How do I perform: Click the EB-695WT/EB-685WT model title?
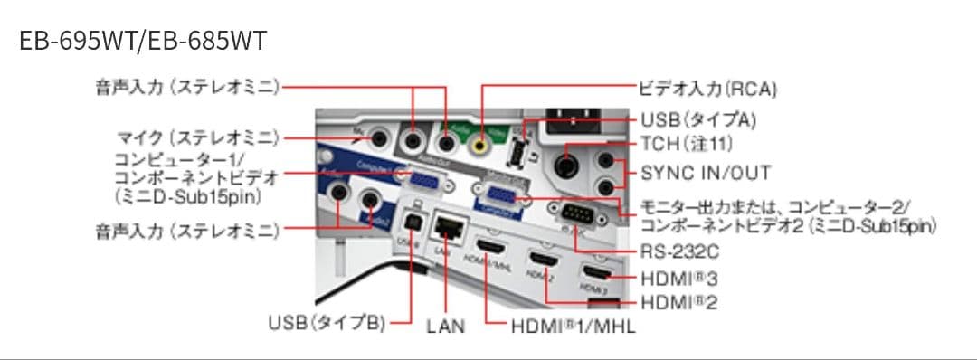tap(143, 42)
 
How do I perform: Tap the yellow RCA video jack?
tap(481, 140)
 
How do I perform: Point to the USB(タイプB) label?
tap(327, 323)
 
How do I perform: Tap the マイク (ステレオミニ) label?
tap(199, 137)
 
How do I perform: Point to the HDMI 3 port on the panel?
tap(597, 271)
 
